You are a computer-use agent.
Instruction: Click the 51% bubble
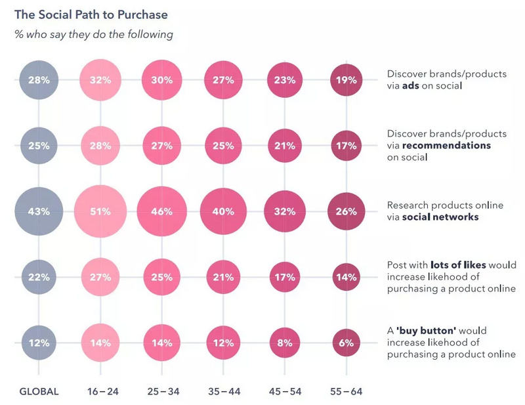100,211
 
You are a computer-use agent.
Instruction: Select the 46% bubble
162,211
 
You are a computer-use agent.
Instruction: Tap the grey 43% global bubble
39,211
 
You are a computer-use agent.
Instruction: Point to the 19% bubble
346,81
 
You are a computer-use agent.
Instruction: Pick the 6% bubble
346,343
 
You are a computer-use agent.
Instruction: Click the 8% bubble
283,343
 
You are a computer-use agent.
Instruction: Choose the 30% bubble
162,81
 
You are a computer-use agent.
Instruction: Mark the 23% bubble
283,81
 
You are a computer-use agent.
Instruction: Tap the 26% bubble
346,211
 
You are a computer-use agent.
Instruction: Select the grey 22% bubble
39,277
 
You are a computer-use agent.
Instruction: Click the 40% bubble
224,211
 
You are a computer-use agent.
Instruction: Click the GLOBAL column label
39,391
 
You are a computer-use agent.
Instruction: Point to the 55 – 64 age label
346,391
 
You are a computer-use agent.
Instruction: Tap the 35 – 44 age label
224,391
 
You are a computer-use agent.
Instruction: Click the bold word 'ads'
411,86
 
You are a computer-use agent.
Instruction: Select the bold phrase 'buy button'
423,330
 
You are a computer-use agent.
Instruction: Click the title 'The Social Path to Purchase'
91,14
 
